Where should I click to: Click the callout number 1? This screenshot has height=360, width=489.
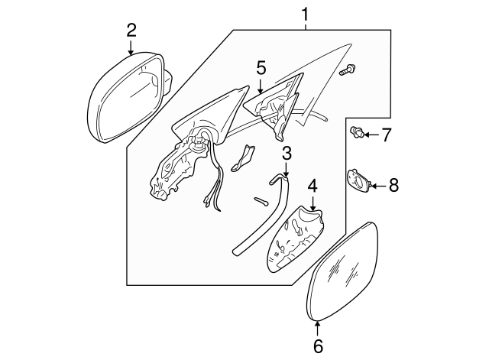tap(306, 13)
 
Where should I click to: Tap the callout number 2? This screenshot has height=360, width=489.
tap(131, 30)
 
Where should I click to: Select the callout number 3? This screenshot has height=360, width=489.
tap(286, 153)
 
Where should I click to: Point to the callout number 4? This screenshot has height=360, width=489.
tap(313, 186)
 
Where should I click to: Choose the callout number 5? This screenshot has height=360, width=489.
tap(261, 68)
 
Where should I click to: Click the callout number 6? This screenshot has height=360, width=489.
tap(318, 345)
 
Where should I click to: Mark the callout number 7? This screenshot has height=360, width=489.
tap(386, 135)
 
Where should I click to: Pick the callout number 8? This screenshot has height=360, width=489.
tap(393, 184)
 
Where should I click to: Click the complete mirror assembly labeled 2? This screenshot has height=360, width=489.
tap(122, 96)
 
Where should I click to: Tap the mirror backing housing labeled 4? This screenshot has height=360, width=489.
tap(294, 241)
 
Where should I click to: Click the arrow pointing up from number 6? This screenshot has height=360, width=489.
tap(318, 327)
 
